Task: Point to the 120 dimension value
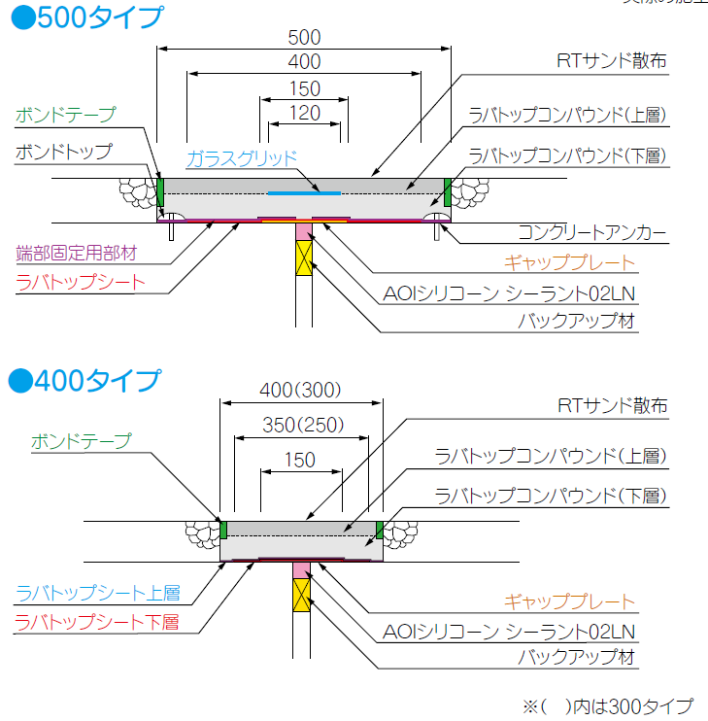pos(304,113)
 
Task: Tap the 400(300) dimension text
pos(301,391)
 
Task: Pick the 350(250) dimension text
pos(301,426)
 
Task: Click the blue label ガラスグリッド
pos(241,156)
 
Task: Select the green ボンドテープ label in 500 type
pos(65,115)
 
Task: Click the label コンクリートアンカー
pos(591,233)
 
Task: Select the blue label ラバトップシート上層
pos(97,593)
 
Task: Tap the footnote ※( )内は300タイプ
pos(607,705)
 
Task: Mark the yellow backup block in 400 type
pos(302,595)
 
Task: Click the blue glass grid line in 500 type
pos(303,193)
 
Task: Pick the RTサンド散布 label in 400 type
pos(613,406)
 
